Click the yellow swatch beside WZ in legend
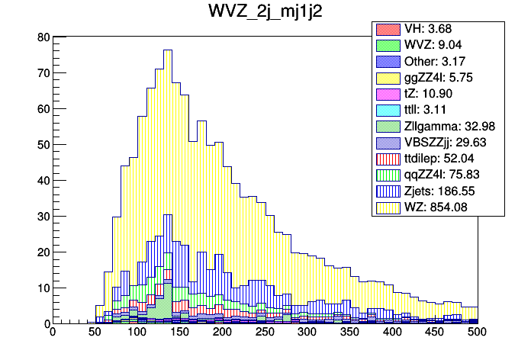tap(388, 206)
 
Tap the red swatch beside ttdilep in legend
tap(388, 158)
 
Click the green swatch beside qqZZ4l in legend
tap(388, 174)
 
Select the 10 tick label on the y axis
tap(44, 288)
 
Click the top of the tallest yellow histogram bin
tap(166, 50)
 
